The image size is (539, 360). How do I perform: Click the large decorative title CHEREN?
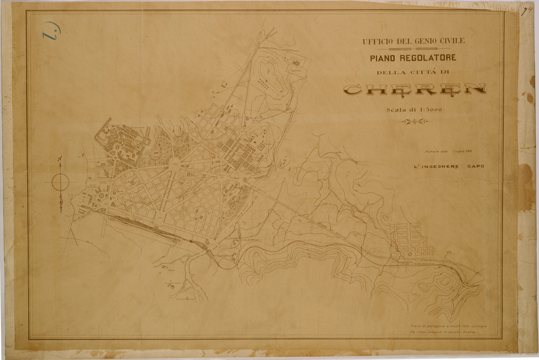tap(414, 90)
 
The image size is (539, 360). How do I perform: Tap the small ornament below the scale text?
tap(414, 122)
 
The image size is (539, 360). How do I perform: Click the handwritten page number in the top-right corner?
tap(525, 12)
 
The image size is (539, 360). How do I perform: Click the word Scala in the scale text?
tap(396, 110)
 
